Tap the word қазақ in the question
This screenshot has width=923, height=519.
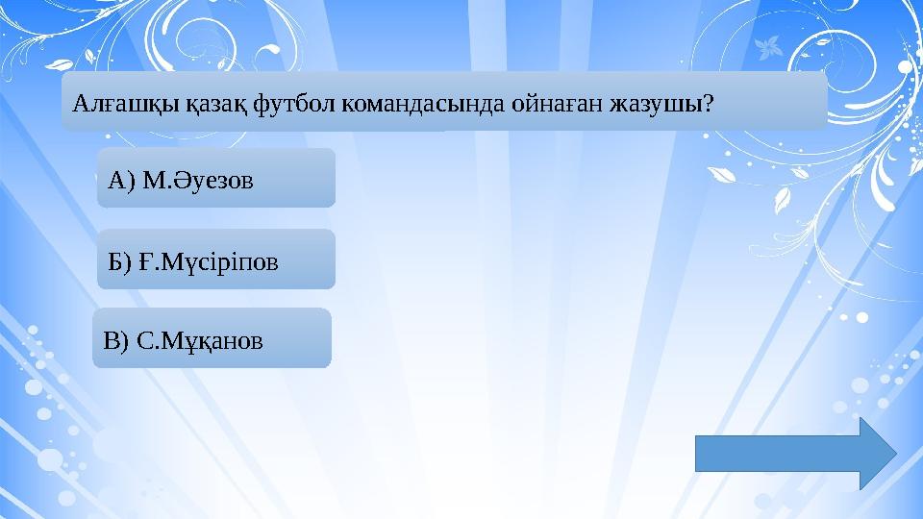pyautogui.click(x=187, y=102)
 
